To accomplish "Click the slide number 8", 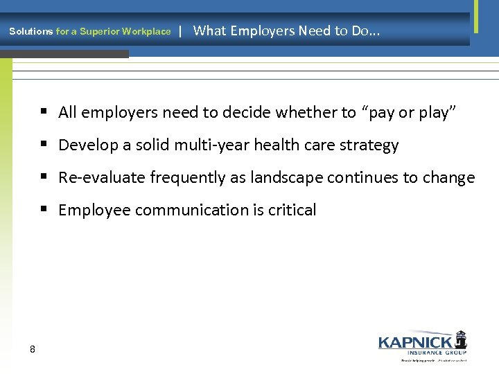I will tap(33, 349).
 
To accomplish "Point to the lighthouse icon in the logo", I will tap(460, 339).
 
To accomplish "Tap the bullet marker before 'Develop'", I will tap(44, 145).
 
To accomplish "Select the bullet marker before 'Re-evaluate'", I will tap(44, 177).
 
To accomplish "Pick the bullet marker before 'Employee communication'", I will tap(44, 210).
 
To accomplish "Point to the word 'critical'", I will tap(291, 211).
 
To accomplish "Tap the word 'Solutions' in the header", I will tap(30, 31).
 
